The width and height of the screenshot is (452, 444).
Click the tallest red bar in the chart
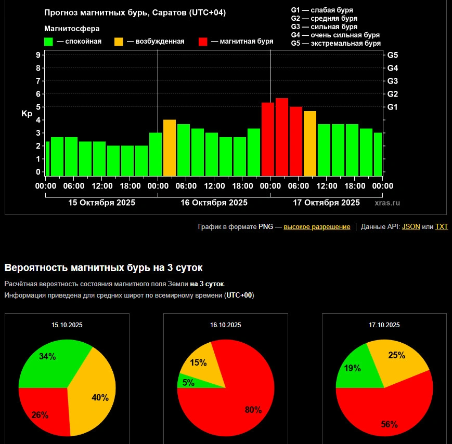pyautogui.click(x=282, y=137)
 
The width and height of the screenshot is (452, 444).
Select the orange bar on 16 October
pyautogui.click(x=170, y=147)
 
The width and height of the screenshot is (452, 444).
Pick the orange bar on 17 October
pyautogui.click(x=310, y=143)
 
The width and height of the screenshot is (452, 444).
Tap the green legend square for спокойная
pyautogui.click(x=49, y=42)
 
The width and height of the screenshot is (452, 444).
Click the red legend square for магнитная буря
pyautogui.click(x=203, y=42)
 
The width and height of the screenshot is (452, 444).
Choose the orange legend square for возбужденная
pyautogui.click(x=119, y=42)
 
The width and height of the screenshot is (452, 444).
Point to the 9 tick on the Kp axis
pyautogui.click(x=38, y=55)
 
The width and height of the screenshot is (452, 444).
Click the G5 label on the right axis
pyautogui.click(x=393, y=55)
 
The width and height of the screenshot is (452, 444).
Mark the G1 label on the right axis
pyautogui.click(x=393, y=107)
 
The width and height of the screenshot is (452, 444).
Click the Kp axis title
pyautogui.click(x=27, y=114)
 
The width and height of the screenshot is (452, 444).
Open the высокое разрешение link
pyautogui.click(x=317, y=227)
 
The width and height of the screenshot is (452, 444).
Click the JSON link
pyautogui.click(x=411, y=227)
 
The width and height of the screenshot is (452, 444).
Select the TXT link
pyautogui.click(x=442, y=227)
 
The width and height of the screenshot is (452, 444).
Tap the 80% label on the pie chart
pyautogui.click(x=253, y=410)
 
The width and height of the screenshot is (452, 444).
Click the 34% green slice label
pyautogui.click(x=47, y=357)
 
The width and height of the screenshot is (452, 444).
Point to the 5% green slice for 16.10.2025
pyautogui.click(x=187, y=383)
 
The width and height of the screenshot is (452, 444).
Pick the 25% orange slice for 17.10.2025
pyautogui.click(x=396, y=356)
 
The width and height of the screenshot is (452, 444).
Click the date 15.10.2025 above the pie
pyautogui.click(x=67, y=325)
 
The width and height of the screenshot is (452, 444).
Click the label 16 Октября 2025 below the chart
pyautogui.click(x=214, y=203)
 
